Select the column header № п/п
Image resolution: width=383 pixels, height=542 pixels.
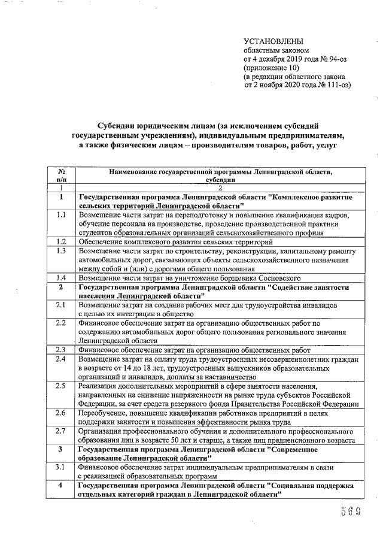pyautogui.click(x=60, y=175)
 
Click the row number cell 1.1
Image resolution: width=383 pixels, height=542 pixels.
pyautogui.click(x=60, y=214)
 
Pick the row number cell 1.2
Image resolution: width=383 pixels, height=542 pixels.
pyautogui.click(x=60, y=241)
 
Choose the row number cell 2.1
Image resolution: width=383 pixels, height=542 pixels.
pyautogui.click(x=60, y=305)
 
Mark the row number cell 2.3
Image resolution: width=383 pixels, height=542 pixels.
pyautogui.click(x=60, y=350)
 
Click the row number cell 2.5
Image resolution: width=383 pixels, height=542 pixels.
pyautogui.click(x=60, y=386)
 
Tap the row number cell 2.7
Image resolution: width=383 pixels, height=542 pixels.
pyautogui.click(x=60, y=431)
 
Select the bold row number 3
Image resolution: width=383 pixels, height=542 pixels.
pyautogui.click(x=60, y=449)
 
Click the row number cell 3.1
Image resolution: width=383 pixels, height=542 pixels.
pyautogui.click(x=60, y=467)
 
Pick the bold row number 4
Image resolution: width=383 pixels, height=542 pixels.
pyautogui.click(x=60, y=485)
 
